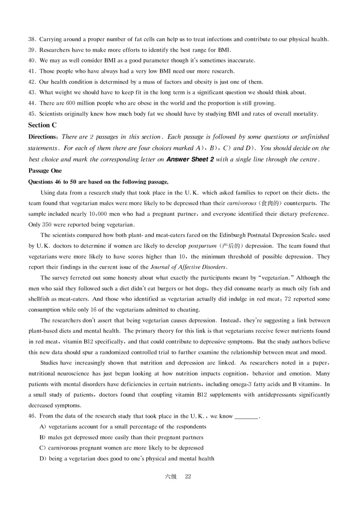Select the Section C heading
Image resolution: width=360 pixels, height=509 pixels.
point(42,125)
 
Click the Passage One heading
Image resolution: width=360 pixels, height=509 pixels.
point(45,171)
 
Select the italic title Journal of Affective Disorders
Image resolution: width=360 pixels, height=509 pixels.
point(187,267)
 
